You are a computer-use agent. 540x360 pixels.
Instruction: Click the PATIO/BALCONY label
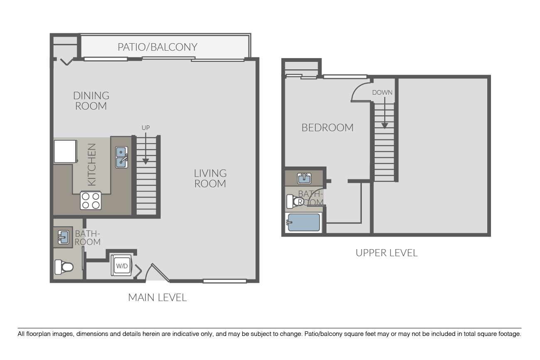pos(157,47)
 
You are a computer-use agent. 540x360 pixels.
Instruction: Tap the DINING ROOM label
pos(91,101)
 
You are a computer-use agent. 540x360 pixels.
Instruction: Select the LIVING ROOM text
pos(210,178)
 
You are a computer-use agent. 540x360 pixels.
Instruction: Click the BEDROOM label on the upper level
pos(327,127)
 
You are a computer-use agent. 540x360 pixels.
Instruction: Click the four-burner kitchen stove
pos(91,201)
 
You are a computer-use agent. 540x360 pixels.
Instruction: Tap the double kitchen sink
pos(121,157)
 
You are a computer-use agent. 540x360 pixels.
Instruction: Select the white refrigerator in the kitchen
pos(65,151)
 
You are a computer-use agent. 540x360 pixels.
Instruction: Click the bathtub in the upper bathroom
pos(304,223)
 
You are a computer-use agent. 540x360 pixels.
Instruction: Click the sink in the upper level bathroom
pos(304,179)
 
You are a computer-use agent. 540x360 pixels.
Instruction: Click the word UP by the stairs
pos(145,128)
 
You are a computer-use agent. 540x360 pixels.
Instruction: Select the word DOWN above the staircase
pos(382,93)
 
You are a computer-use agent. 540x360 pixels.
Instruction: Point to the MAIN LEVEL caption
pos(157,297)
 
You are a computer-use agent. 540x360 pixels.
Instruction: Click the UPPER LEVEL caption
pos(386,252)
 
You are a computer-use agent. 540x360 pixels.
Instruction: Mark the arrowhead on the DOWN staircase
pos(385,125)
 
